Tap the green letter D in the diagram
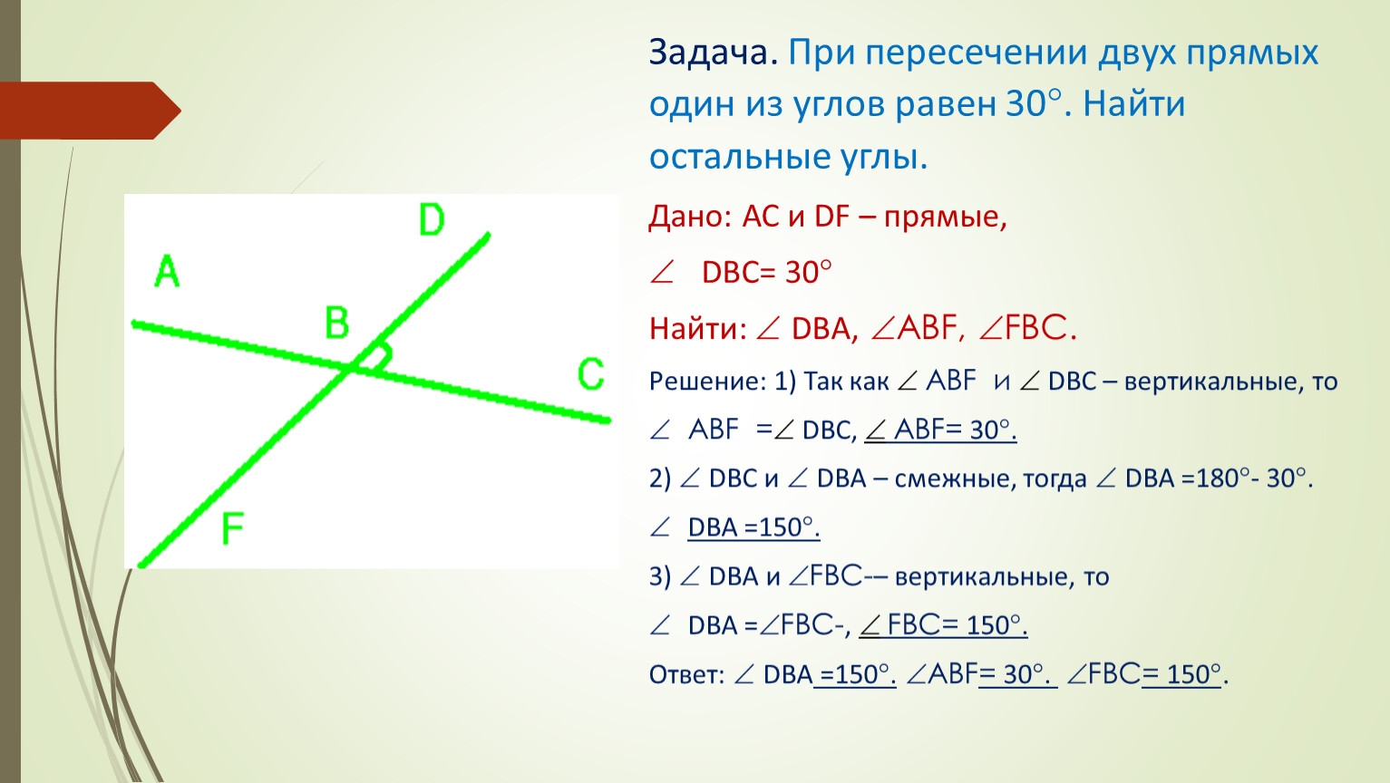(x=432, y=219)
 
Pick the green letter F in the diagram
(x=233, y=528)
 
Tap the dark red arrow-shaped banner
(x=91, y=111)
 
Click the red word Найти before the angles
(x=697, y=328)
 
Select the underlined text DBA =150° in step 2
(x=753, y=528)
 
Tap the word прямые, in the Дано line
(x=945, y=217)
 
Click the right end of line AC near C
(x=608, y=420)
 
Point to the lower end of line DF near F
(x=141, y=565)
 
